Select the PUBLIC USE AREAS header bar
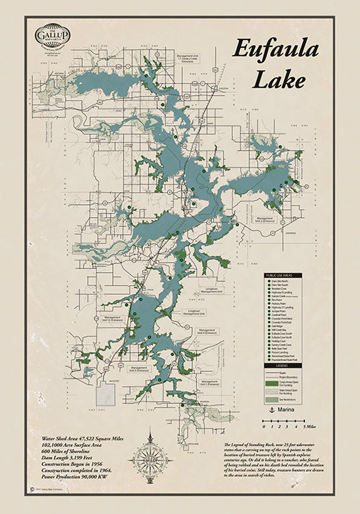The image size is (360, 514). (285, 274)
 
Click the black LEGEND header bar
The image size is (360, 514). (285, 365)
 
